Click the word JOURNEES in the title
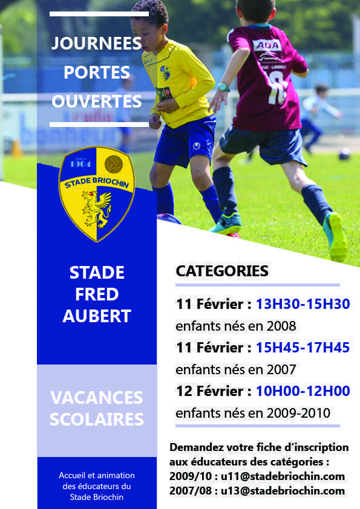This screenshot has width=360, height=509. pyautogui.click(x=96, y=44)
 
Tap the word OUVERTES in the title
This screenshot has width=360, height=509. pyautogui.click(x=97, y=102)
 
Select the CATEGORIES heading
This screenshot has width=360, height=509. pyautogui.click(x=222, y=271)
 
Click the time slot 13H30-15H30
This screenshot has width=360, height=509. pyautogui.click(x=303, y=304)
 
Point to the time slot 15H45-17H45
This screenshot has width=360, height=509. pyautogui.click(x=303, y=348)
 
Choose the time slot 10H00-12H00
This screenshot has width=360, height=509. pyautogui.click(x=303, y=391)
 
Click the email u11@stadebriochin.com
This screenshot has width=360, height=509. pyautogui.click(x=283, y=476)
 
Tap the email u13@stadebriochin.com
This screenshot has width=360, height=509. pyautogui.click(x=283, y=490)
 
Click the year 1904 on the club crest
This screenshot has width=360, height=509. pyautogui.click(x=80, y=164)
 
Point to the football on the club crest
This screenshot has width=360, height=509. pyautogui.click(x=113, y=164)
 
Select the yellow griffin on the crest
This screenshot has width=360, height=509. pyautogui.click(x=96, y=209)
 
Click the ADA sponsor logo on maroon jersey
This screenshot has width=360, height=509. pyautogui.click(x=267, y=45)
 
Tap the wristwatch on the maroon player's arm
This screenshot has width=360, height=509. pyautogui.click(x=223, y=88)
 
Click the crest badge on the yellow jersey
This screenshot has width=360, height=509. pyautogui.click(x=165, y=73)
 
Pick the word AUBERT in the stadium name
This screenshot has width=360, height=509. pyautogui.click(x=97, y=316)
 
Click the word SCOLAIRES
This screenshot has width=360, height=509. pyautogui.click(x=97, y=419)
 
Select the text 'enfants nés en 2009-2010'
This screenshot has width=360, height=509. pyautogui.click(x=253, y=413)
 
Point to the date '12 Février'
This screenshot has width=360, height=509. pyautogui.click(x=209, y=391)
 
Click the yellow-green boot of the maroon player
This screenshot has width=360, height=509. pyautogui.click(x=336, y=236)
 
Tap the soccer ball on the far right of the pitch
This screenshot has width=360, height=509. pyautogui.click(x=344, y=154)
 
